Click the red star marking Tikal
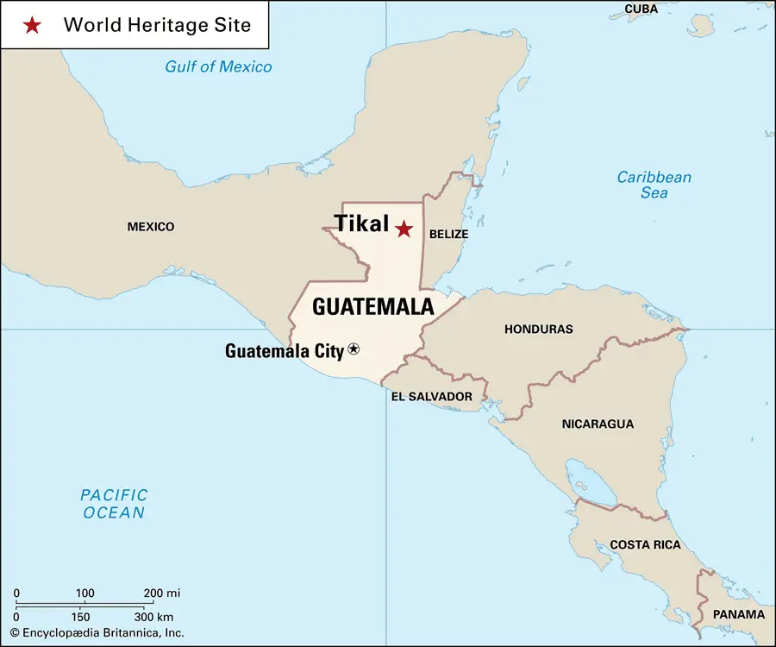(404, 229)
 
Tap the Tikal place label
(362, 223)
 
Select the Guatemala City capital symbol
(354, 349)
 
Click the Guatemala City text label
(285, 350)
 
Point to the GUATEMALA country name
(372, 306)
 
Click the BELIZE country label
(448, 234)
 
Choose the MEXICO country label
(151, 227)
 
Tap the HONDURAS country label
(538, 329)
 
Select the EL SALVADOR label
(431, 396)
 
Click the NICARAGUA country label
(598, 424)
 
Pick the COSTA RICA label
(645, 544)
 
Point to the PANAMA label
(739, 614)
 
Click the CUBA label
(641, 9)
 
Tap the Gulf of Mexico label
(218, 67)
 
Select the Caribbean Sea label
(654, 185)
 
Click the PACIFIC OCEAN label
(114, 504)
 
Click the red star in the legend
(32, 25)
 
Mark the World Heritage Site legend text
(157, 25)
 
